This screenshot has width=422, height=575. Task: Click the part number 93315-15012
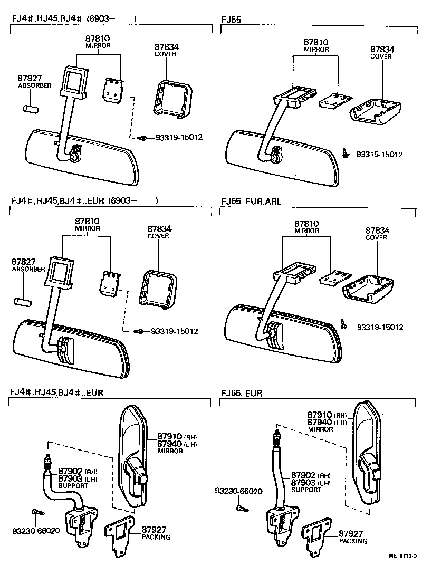tap(379, 155)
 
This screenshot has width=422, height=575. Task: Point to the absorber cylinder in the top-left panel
tap(29, 108)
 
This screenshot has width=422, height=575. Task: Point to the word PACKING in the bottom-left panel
tap(156, 537)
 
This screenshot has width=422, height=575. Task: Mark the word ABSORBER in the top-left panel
tap(34, 85)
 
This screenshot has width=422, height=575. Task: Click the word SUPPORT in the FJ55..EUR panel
tap(306, 490)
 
